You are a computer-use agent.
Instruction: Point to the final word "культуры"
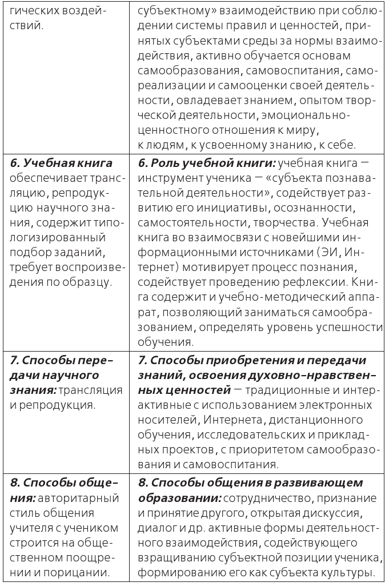tap(348, 572)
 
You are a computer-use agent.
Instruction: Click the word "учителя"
tap(36, 528)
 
